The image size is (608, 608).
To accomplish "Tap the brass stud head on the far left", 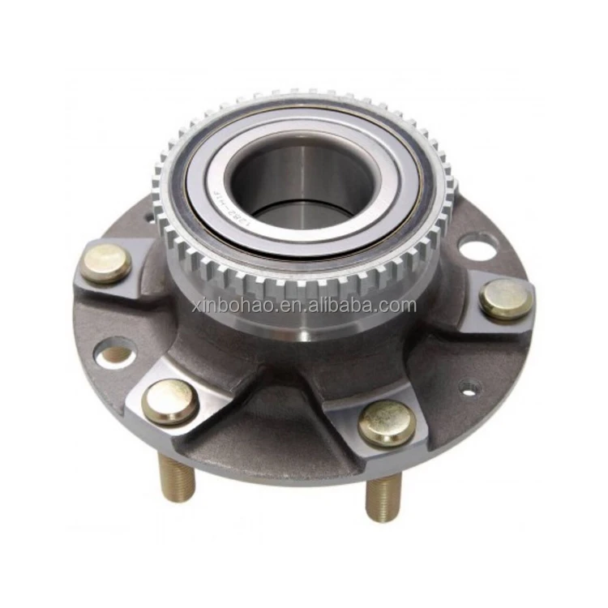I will [x=105, y=263].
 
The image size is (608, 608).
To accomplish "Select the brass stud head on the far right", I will [x=506, y=299].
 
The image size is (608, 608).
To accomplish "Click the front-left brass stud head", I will [x=170, y=400].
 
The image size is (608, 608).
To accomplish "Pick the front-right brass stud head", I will [x=387, y=422].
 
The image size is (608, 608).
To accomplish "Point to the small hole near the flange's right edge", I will [x=469, y=388].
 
